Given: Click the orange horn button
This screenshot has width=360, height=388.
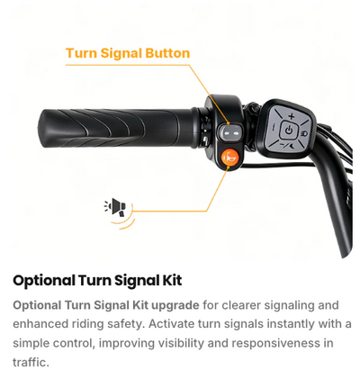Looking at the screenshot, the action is [x=229, y=158].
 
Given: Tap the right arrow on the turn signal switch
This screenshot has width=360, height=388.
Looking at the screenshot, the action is [x=237, y=133].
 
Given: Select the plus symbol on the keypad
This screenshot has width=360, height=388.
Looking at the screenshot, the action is [x=292, y=116].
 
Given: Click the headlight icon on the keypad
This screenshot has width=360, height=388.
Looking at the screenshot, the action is [x=302, y=132].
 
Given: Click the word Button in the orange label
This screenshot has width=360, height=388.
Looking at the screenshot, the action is [x=167, y=53].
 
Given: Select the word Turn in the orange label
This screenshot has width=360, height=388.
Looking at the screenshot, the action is [x=82, y=53].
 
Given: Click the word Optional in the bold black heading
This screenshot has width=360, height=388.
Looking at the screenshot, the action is [x=44, y=281].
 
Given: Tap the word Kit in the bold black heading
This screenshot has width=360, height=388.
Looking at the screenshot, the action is [x=172, y=280].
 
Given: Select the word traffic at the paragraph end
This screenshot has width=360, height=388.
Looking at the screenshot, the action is [x=31, y=362].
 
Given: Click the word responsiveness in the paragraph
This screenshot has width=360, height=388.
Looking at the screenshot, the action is [x=275, y=343].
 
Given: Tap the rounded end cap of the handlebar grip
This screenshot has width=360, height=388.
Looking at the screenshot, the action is [x=45, y=129].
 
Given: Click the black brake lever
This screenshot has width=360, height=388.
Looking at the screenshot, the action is [x=332, y=192].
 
